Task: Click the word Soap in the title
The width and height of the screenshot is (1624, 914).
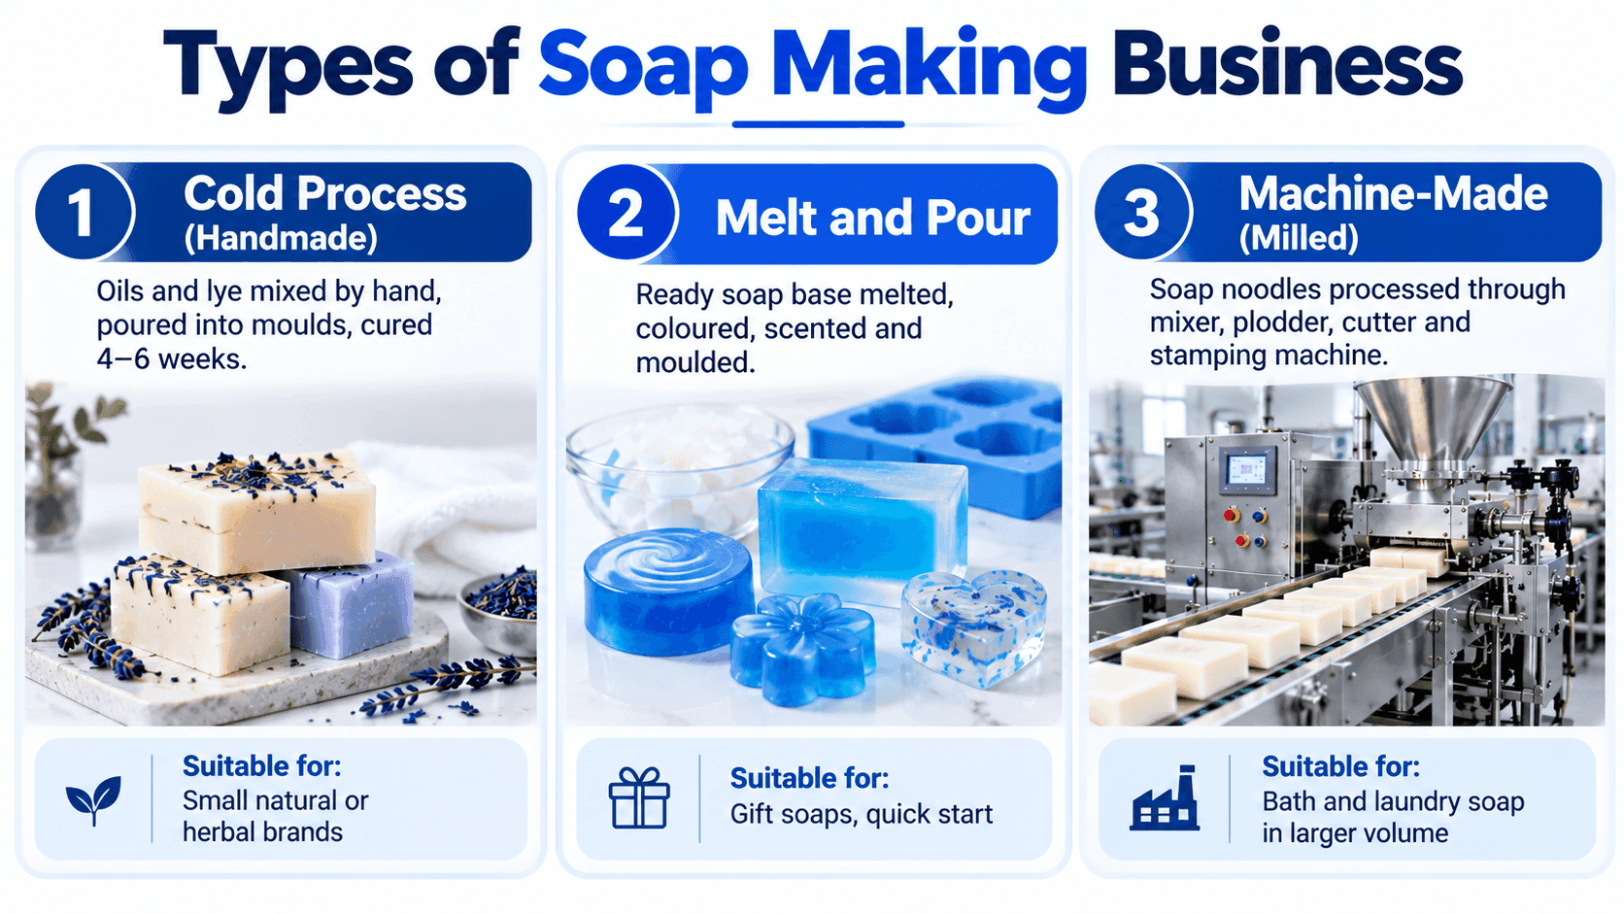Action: pos(643,67)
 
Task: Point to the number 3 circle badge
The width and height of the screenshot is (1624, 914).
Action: pos(1142,212)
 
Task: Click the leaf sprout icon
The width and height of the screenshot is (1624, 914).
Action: pos(93,799)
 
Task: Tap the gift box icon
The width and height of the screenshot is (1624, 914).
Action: pos(639,797)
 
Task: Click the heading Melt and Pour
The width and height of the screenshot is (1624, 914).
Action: pos(872,217)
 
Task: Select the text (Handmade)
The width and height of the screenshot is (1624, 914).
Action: pos(281,239)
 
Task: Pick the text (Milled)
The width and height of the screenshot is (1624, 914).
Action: pos(1299,239)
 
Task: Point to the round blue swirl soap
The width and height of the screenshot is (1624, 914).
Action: pos(668,591)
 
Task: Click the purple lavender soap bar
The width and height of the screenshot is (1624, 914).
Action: pos(350,605)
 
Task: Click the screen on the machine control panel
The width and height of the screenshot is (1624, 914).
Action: pos(1245,470)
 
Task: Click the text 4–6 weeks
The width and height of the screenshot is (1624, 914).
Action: pos(172,358)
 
